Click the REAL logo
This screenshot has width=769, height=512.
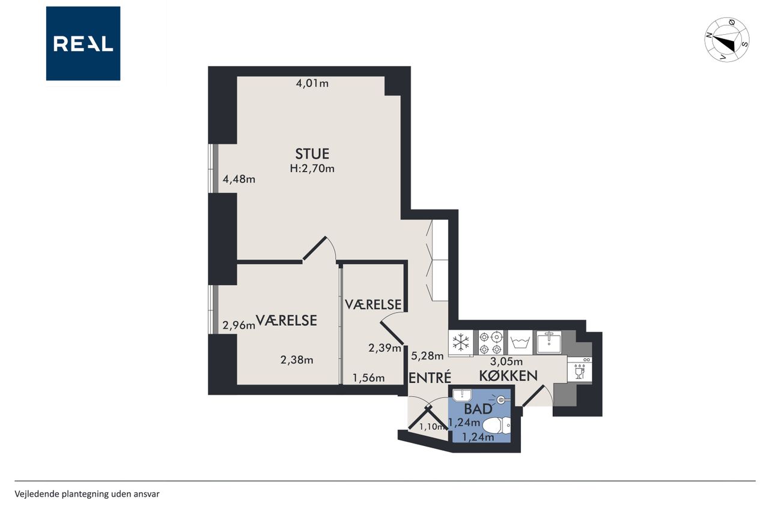(x=83, y=44)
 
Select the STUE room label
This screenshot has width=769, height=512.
(x=312, y=154)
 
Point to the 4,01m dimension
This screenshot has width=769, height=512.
(x=312, y=83)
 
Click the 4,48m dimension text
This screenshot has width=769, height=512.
(x=239, y=179)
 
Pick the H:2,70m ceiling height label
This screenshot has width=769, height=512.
(x=312, y=169)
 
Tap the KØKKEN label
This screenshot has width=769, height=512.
(x=508, y=376)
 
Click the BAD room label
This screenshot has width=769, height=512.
(x=478, y=409)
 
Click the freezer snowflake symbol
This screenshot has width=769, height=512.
(x=461, y=343)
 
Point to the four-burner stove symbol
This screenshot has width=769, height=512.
(x=491, y=343)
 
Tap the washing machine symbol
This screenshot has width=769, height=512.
(x=520, y=343)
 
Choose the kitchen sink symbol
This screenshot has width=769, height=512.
(x=549, y=342)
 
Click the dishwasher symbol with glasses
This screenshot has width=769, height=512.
(x=580, y=370)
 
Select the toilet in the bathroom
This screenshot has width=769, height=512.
(x=497, y=426)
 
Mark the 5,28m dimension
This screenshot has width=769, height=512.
(x=427, y=356)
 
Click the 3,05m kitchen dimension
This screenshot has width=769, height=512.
(x=506, y=361)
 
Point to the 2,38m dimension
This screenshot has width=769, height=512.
(x=297, y=360)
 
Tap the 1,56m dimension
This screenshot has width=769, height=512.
(x=369, y=378)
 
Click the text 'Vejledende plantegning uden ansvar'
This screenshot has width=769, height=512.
(x=87, y=494)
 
